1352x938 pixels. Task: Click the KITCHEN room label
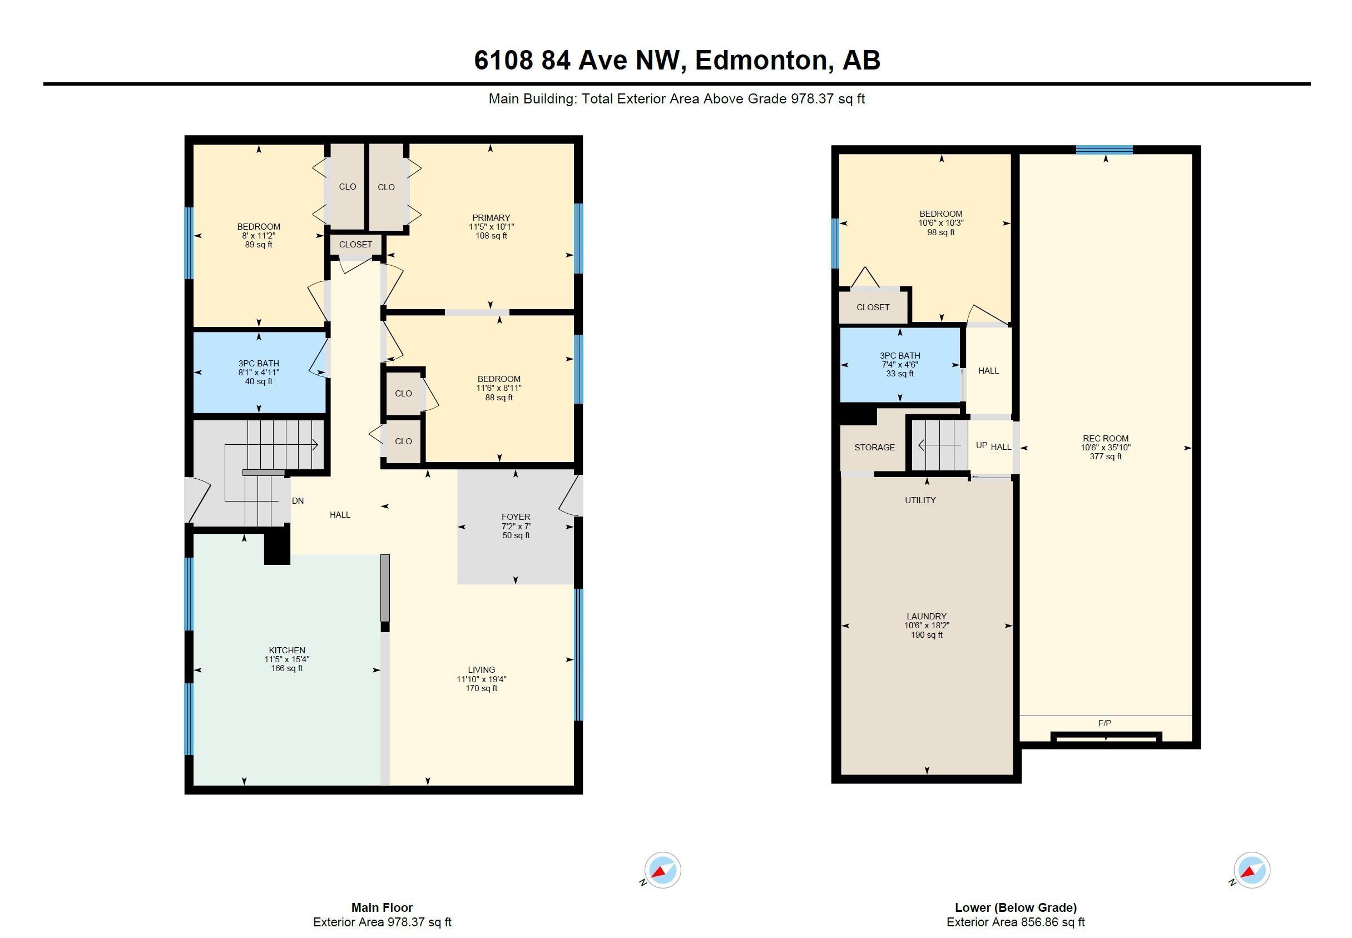[287, 650]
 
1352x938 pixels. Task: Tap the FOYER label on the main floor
[516, 517]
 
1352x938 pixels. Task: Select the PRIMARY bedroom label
[491, 217]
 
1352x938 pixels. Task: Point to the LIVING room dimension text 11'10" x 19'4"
[482, 679]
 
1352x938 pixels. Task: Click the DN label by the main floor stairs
[298, 501]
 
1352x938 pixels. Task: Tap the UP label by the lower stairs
[981, 445]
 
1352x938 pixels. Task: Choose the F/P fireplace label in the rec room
[1105, 723]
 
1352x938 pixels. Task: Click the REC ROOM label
[1105, 439]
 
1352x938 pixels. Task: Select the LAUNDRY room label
[927, 617]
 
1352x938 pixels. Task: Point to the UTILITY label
[920, 500]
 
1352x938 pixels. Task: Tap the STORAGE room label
[875, 447]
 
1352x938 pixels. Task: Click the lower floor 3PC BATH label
[899, 355]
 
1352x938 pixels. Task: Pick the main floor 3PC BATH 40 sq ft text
[259, 381]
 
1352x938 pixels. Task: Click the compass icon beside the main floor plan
[662, 870]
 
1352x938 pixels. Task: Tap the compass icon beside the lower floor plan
[1251, 870]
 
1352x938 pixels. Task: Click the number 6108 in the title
[503, 61]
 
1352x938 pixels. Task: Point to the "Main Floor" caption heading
[382, 907]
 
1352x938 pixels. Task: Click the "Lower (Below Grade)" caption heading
[1016, 908]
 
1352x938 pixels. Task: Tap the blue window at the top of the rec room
[1104, 149]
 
